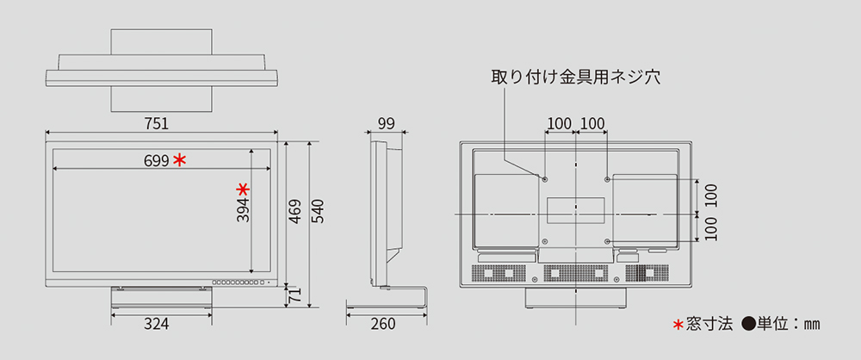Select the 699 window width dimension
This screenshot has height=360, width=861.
click(156, 160)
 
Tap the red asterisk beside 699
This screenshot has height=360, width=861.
click(179, 159)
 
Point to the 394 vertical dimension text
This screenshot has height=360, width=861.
click(243, 210)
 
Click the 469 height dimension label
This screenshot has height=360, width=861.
click(295, 212)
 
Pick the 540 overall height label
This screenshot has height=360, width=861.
click(318, 212)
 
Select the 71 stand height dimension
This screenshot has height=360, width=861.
click(295, 297)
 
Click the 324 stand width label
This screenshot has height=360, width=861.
click(156, 324)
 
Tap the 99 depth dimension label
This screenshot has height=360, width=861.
click(385, 123)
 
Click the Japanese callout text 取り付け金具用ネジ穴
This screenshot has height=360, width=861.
click(575, 77)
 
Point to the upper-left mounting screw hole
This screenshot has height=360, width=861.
click(545, 179)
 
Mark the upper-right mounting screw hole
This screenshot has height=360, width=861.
click(608, 179)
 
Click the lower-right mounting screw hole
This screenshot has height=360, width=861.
click(608, 241)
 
